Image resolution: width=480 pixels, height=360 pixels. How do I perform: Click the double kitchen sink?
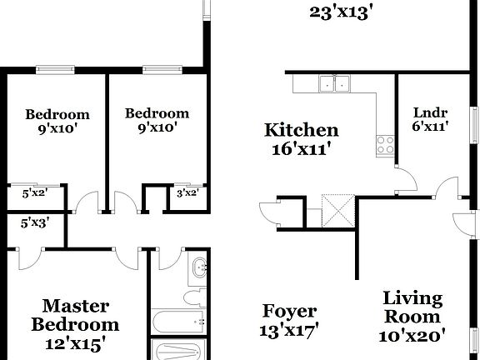click(x=334, y=82)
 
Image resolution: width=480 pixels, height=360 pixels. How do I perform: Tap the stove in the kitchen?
click(x=386, y=144)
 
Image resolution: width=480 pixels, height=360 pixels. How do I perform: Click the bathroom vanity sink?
click(x=198, y=268)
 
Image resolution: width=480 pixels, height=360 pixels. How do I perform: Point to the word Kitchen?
click(x=301, y=130)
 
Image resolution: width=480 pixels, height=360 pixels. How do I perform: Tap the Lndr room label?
click(x=432, y=112)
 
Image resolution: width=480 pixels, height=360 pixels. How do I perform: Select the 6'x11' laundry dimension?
click(x=432, y=127)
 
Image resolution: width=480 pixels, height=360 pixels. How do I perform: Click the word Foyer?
click(x=289, y=312)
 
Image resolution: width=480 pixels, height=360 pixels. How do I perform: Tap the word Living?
click(x=412, y=297)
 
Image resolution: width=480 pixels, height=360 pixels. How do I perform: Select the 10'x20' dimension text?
click(x=414, y=335)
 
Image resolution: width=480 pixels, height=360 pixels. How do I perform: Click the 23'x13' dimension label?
click(x=339, y=12)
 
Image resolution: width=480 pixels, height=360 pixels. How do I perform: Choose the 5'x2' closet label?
click(x=34, y=192)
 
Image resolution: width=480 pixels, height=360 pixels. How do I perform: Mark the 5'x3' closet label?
click(x=34, y=222)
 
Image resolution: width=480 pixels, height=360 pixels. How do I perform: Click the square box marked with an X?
click(x=338, y=210)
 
